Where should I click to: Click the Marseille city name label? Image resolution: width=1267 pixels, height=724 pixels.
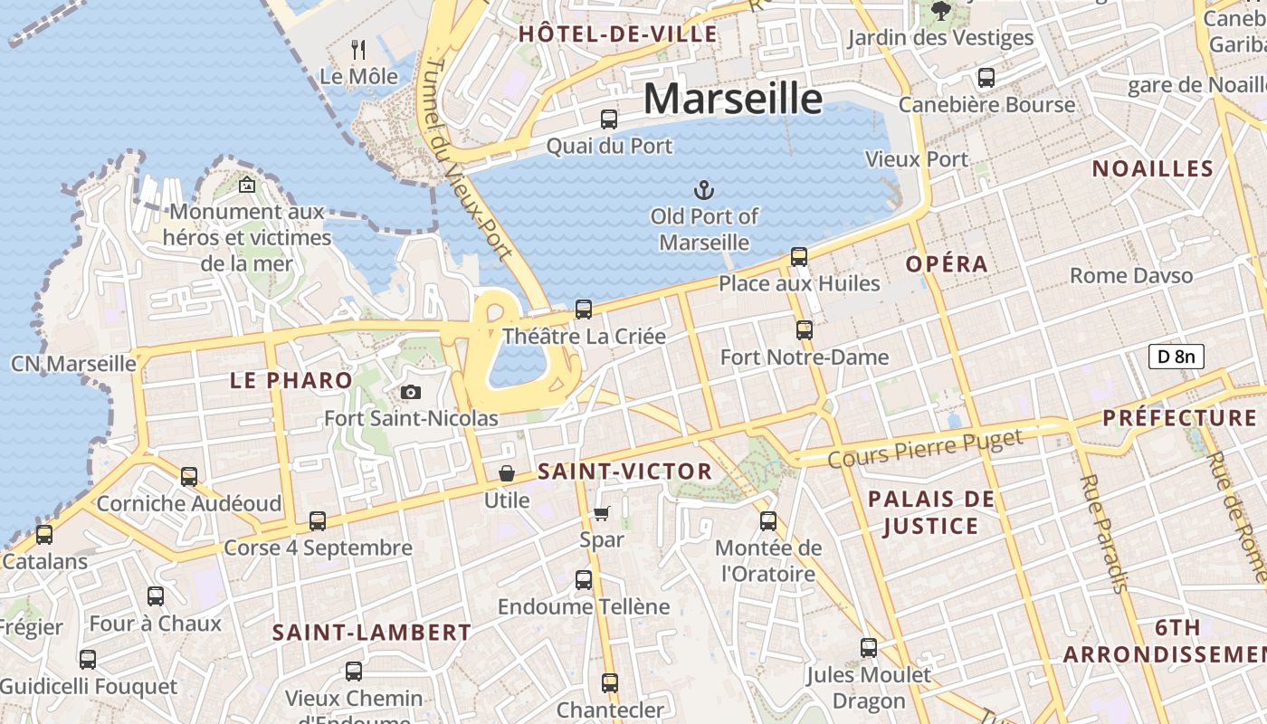tap(733, 98)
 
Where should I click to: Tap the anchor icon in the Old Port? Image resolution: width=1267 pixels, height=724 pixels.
tap(703, 190)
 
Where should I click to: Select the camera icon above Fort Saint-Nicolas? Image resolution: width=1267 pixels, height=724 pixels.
tap(411, 392)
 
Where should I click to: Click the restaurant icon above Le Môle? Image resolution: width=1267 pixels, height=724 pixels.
tap(359, 49)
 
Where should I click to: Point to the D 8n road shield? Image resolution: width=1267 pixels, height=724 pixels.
tap(1176, 357)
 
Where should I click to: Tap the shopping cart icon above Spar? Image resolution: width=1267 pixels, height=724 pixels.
tap(602, 513)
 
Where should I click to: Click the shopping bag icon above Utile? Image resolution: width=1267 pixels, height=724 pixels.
tap(507, 473)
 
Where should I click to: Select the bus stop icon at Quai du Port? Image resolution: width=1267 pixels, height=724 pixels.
tap(609, 119)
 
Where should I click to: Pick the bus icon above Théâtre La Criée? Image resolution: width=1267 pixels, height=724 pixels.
tap(584, 310)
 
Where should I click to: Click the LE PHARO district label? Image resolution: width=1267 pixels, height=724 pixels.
tap(291, 381)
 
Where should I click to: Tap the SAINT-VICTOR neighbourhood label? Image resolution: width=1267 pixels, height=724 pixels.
tap(624, 472)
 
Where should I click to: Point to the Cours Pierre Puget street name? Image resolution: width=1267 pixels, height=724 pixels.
tap(925, 448)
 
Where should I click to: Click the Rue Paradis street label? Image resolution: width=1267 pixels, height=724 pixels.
tap(1103, 533)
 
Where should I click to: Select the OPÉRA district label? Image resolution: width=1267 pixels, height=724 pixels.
tap(947, 264)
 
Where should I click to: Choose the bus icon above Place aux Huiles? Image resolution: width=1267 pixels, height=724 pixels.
tap(799, 257)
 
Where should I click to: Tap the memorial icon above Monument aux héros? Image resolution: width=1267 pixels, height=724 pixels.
tap(246, 186)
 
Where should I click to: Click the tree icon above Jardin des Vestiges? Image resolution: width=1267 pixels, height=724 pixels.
tap(940, 11)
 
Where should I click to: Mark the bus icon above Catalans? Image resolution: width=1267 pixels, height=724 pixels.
tap(44, 535)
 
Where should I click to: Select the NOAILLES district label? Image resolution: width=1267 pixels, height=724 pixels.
tap(1152, 169)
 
